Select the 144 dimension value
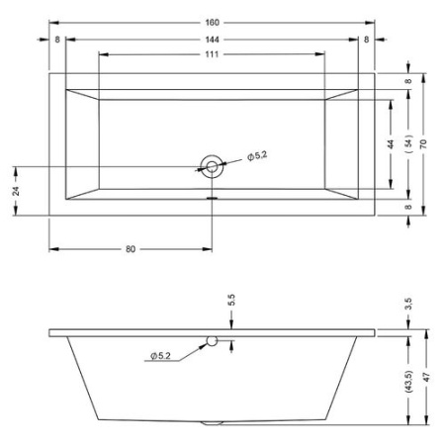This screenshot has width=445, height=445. click(211, 39)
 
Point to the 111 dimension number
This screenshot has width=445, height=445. click(211, 54)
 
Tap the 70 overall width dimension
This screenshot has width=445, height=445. click(423, 143)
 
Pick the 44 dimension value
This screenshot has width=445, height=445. click(392, 143)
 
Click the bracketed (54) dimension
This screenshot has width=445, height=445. click(407, 143)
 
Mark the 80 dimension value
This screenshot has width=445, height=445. click(131, 248)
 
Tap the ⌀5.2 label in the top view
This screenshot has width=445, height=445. click(255, 155)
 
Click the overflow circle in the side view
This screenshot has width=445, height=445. click(212, 342)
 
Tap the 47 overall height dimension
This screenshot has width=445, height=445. click(424, 379)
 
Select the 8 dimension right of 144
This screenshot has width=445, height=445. click(365, 39)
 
